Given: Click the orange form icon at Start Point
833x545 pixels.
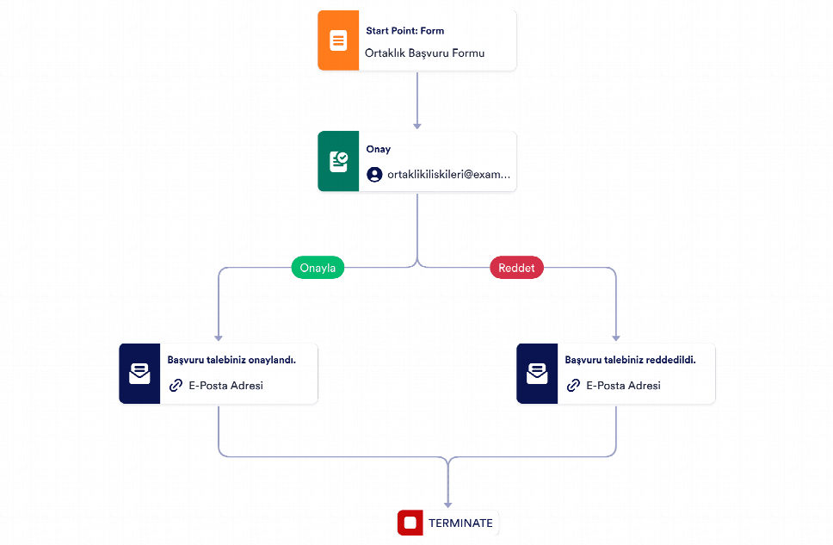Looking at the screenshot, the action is click(338, 40).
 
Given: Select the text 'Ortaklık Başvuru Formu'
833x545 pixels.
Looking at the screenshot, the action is click(424, 53).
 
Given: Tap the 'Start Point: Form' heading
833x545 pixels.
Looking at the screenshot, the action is click(404, 31).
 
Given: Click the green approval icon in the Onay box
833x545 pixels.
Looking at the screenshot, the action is click(338, 161).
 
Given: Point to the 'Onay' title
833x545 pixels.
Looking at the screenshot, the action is click(379, 150).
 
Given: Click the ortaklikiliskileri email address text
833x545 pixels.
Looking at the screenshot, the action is click(449, 175).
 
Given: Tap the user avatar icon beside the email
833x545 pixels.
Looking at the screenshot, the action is click(374, 175).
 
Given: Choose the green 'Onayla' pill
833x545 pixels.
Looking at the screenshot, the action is click(318, 268).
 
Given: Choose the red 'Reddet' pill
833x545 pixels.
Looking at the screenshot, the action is click(516, 268).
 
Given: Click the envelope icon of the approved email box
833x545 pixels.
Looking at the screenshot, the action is click(139, 374).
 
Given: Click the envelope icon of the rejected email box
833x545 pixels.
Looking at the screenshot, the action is click(537, 374).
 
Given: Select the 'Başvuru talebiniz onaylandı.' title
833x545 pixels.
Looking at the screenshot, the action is click(231, 360).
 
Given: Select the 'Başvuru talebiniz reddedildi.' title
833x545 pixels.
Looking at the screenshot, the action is click(630, 360).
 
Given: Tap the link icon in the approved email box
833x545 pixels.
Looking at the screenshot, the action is click(176, 386).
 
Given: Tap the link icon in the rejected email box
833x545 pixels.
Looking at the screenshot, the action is click(573, 386).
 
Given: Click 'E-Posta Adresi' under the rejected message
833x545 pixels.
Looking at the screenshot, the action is click(623, 386).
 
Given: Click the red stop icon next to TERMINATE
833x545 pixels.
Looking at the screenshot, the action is click(410, 523).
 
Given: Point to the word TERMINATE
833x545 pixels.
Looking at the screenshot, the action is click(460, 523).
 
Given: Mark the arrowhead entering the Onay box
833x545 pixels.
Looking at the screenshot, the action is click(417, 126).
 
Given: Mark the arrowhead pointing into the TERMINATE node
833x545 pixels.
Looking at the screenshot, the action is click(447, 505).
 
